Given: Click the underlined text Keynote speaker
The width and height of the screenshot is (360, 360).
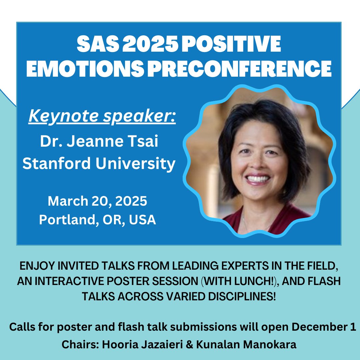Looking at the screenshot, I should coord(102,116).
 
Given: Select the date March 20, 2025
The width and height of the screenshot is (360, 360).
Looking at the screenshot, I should coord(97,201).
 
